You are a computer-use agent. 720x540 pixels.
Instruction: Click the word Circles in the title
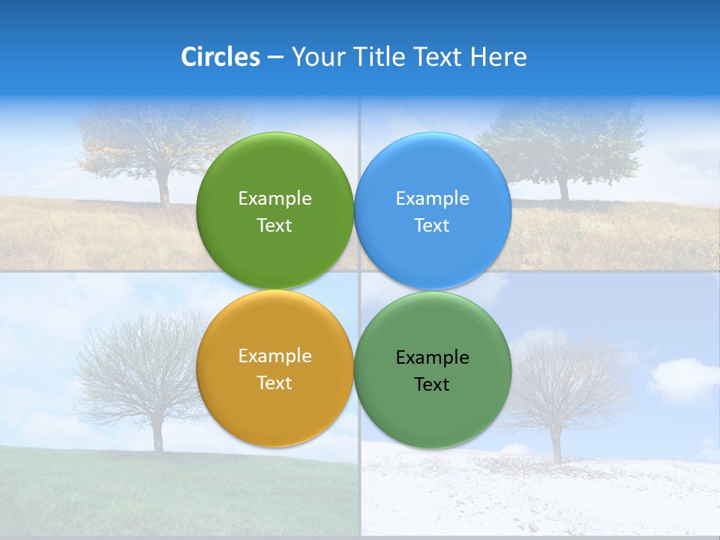(220, 57)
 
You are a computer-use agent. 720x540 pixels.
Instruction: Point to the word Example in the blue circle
(433, 199)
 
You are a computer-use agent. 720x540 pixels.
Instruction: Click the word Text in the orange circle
(274, 383)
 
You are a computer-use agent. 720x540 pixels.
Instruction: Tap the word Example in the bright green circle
(274, 199)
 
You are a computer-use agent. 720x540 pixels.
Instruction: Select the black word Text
(432, 385)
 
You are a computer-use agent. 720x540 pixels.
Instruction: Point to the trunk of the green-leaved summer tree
(562, 187)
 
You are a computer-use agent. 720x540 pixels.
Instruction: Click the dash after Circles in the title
(275, 58)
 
